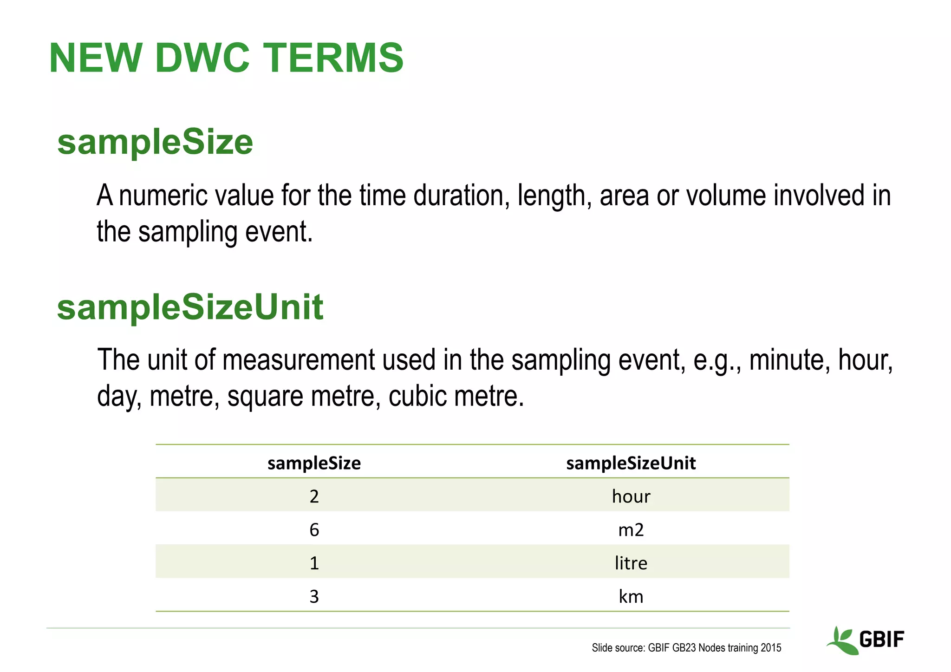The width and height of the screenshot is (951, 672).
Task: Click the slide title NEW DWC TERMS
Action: point(226,58)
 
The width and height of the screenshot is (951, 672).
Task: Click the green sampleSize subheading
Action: point(155,142)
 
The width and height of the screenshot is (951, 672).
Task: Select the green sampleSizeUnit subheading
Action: point(190,307)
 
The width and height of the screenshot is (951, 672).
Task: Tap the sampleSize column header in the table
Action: point(314,463)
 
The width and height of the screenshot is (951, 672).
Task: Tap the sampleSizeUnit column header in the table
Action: point(631,463)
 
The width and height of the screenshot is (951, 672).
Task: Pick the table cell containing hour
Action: point(631,496)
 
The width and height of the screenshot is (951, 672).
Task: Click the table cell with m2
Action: point(631,529)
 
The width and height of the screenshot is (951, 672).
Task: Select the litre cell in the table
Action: point(631,563)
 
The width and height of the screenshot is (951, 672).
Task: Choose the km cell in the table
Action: point(631,596)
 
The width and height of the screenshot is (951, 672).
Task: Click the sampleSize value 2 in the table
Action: point(314,496)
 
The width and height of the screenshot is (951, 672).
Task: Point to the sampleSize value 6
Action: point(314,530)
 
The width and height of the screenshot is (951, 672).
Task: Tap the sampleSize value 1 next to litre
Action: point(314,563)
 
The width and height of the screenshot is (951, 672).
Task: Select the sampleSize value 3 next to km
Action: point(314,597)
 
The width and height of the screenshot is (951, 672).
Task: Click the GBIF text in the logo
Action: point(881,639)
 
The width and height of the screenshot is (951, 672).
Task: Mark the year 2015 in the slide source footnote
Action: point(771,648)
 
